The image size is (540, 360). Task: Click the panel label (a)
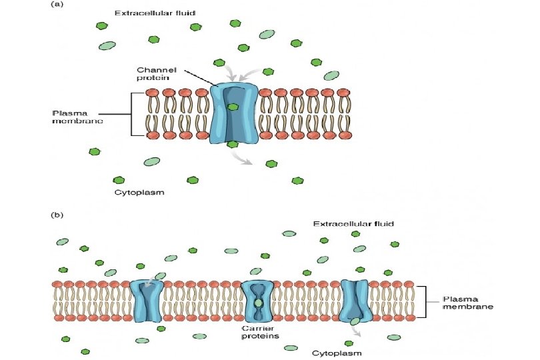click(x=57, y=5)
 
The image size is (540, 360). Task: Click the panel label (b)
click(x=57, y=215)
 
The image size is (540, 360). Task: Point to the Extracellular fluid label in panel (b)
click(x=353, y=223)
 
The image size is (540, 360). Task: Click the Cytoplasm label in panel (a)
click(x=138, y=193)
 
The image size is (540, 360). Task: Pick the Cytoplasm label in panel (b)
click(x=337, y=353)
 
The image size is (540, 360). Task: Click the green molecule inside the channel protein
click(x=233, y=107)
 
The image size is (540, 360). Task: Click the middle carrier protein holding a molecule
click(x=257, y=302)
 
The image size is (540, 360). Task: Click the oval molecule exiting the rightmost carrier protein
click(x=356, y=321)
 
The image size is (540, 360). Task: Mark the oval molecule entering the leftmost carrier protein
click(x=160, y=276)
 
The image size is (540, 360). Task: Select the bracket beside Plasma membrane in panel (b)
click(x=422, y=301)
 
